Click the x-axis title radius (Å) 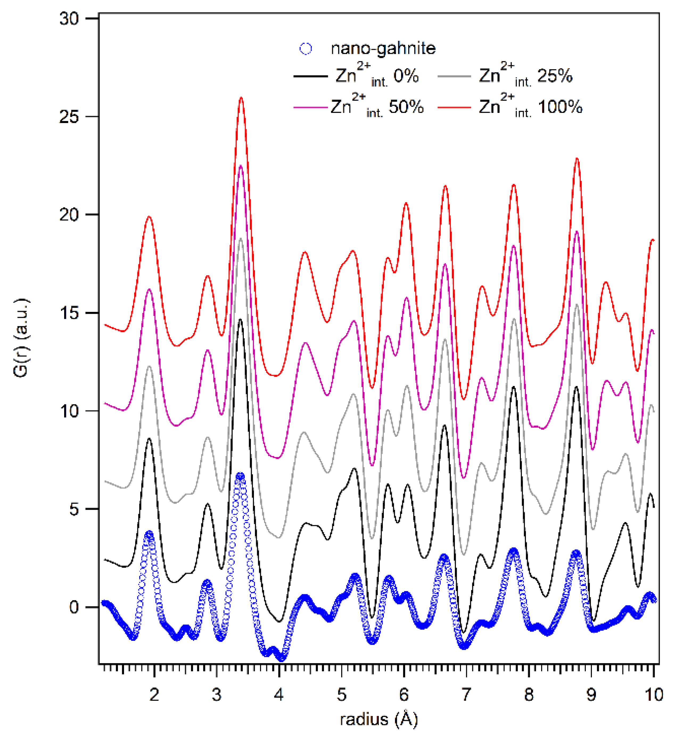tap(379, 720)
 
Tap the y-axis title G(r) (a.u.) tap(21, 338)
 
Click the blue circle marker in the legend tap(306, 49)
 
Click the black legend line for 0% tap(310, 76)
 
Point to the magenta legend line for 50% tap(310, 108)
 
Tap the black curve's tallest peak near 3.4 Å tap(240, 320)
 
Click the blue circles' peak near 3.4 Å tap(240, 476)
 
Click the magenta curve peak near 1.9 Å tap(149, 289)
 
